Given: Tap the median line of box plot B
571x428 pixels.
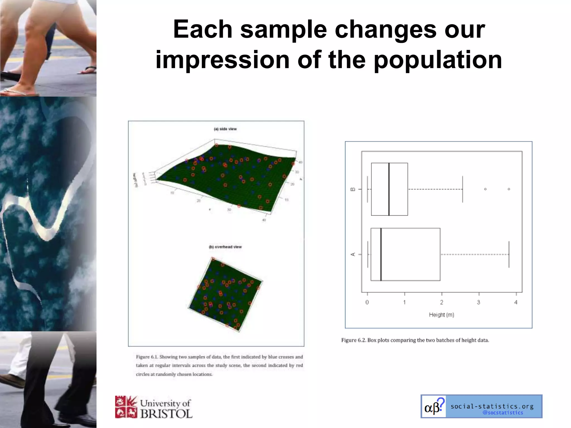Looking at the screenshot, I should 389,189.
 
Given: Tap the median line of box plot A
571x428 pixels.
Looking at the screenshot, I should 381,254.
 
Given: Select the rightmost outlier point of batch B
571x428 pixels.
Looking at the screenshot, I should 509,189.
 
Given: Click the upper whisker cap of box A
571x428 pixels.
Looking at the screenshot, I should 509,254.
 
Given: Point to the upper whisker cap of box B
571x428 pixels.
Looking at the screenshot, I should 463,189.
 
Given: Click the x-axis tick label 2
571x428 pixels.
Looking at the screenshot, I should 442,302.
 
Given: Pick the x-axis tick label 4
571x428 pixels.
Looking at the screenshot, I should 516,302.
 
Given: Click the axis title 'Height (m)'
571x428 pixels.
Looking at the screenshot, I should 442,315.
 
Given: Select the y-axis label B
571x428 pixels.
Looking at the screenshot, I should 353,189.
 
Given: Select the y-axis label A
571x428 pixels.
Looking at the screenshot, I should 353,254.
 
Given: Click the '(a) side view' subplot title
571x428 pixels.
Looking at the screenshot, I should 225,129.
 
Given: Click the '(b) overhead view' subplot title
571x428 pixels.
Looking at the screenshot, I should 225,247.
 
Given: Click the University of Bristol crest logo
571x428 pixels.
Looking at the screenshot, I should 126,407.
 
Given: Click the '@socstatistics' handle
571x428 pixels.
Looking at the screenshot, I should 503,413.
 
